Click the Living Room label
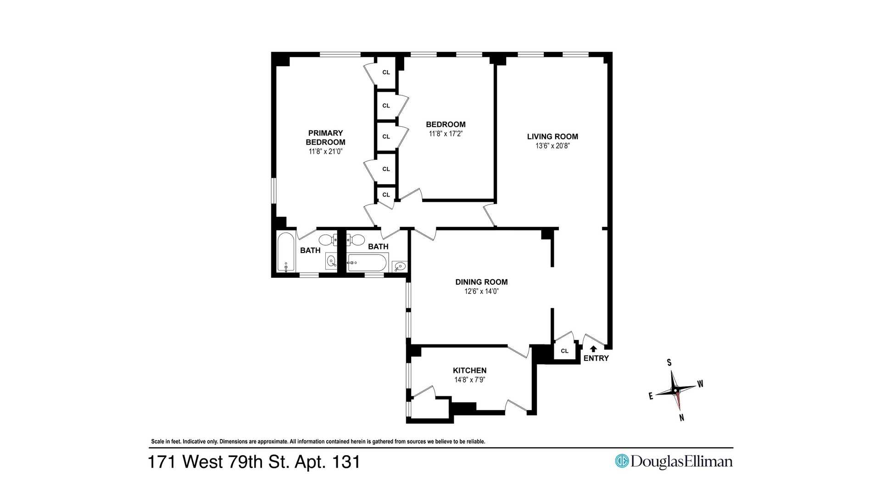[x=552, y=136]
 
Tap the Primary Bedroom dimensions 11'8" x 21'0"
[x=326, y=151]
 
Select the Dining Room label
[x=481, y=282]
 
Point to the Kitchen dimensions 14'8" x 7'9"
[x=470, y=380]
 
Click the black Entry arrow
[x=593, y=349]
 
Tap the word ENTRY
[x=596, y=358]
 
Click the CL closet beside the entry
[x=565, y=351]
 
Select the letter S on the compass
[x=669, y=362]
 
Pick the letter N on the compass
[x=682, y=418]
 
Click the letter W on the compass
[x=700, y=384]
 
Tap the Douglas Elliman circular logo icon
[x=622, y=461]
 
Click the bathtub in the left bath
[x=286, y=252]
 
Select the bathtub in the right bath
[x=368, y=263]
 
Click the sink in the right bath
[x=400, y=266]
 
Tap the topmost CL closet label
[x=386, y=73]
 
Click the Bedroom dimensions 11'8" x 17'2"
[x=446, y=134]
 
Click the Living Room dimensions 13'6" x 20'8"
[x=552, y=146]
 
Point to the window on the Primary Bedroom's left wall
[x=274, y=191]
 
